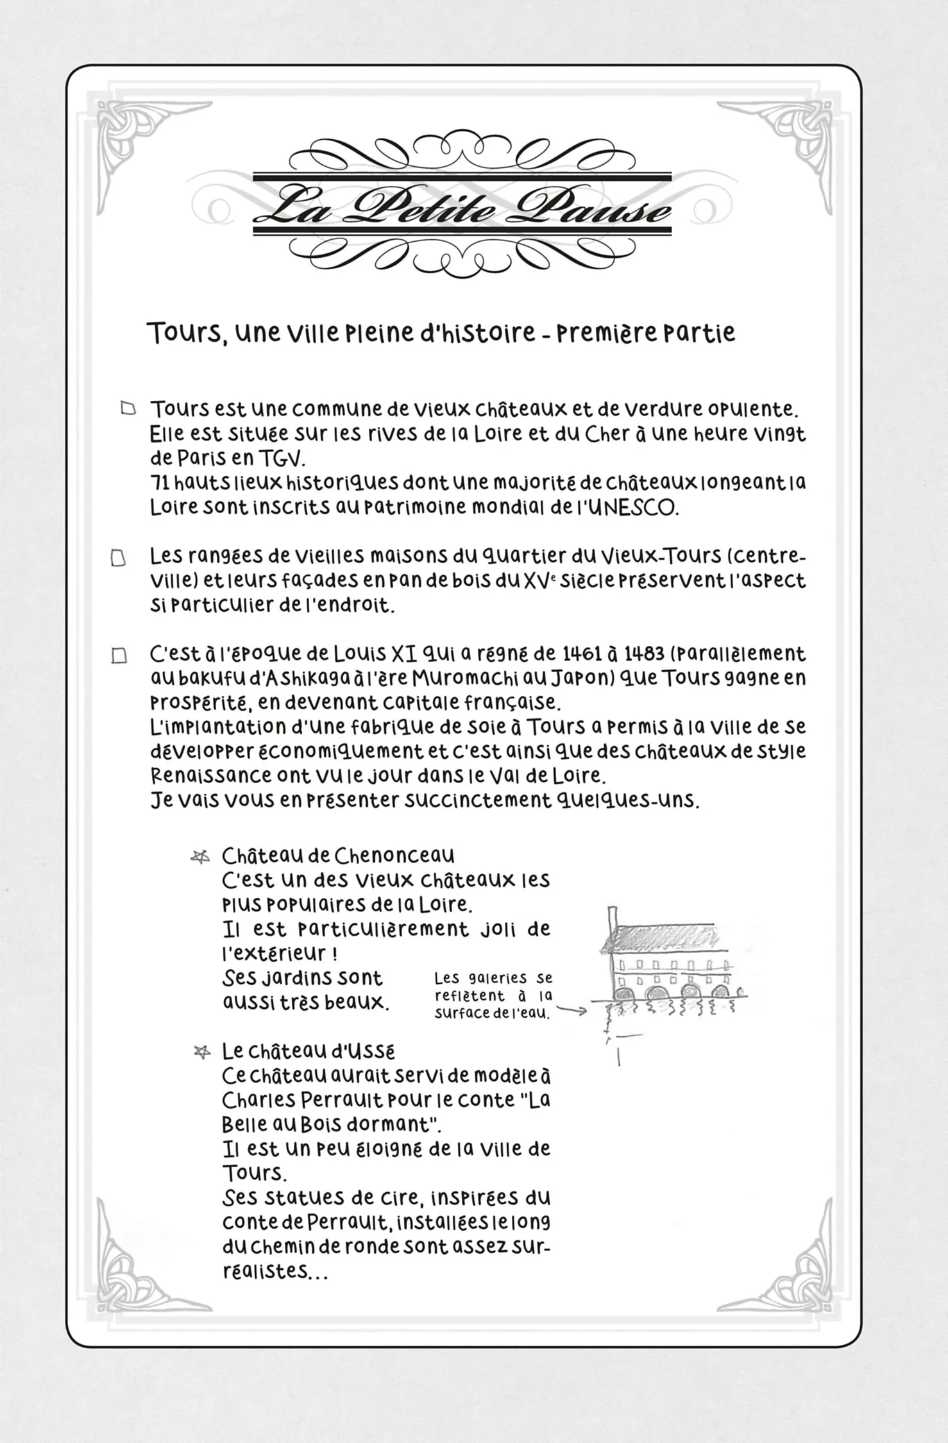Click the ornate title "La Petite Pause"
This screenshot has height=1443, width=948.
[462, 207]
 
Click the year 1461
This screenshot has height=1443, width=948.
[581, 654]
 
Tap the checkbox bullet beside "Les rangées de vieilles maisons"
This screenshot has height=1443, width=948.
[118, 558]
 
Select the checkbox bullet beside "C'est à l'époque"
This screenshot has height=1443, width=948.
[119, 656]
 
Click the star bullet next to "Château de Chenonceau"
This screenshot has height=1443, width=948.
[201, 857]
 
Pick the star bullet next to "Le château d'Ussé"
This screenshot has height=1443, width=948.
[202, 1052]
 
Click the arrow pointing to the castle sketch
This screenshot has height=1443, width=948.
[571, 1011]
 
